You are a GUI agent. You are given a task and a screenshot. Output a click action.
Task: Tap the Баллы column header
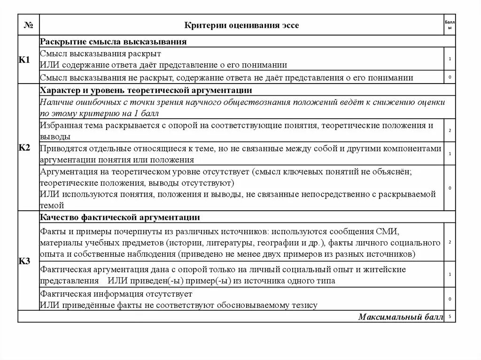(449, 25)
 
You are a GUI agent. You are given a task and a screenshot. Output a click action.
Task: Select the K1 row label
(24, 60)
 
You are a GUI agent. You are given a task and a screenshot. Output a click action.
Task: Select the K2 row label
(24, 148)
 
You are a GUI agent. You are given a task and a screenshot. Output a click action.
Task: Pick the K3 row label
(24, 261)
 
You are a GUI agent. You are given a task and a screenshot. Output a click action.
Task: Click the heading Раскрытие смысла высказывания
(113, 42)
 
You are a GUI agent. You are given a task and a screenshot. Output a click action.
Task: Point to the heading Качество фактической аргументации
(120, 217)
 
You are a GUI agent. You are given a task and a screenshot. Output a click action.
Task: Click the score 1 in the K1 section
(450, 59)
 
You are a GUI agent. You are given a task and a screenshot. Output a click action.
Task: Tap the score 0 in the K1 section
(450, 77)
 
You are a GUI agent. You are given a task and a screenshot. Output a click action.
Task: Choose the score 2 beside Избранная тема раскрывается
(450, 130)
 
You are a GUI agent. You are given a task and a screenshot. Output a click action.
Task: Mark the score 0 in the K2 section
(450, 188)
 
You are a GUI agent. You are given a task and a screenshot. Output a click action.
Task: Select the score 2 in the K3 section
(450, 242)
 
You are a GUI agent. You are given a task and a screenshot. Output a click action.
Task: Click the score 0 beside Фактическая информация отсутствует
(450, 299)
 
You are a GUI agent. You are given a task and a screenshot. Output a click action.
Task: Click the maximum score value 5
(450, 317)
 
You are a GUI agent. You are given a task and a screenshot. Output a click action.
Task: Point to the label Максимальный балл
(400, 317)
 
